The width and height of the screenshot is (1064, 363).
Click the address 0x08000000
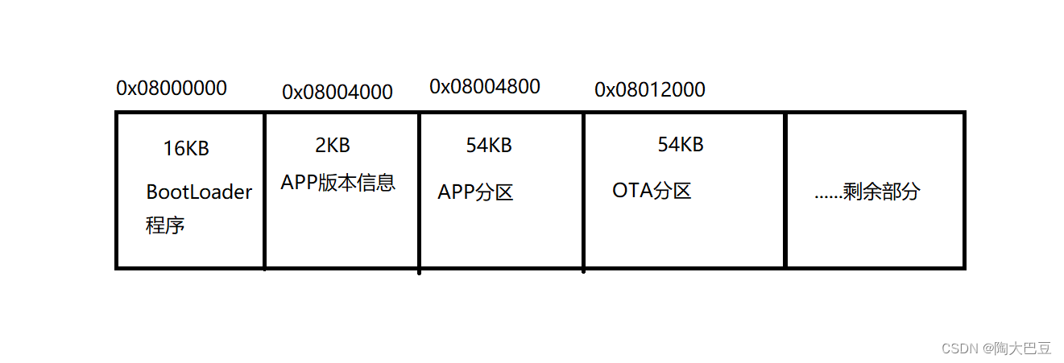tap(172, 89)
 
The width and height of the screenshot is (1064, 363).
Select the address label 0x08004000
tap(337, 93)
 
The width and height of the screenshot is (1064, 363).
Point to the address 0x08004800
tap(485, 86)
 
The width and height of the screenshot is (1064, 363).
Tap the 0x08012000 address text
tap(650, 90)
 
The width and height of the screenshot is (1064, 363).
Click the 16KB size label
tap(186, 149)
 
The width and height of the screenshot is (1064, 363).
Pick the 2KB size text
tap(333, 146)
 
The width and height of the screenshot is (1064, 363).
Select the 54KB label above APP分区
tap(489, 146)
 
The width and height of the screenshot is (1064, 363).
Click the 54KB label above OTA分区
tap(681, 144)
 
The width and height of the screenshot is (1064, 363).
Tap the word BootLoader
tap(199, 192)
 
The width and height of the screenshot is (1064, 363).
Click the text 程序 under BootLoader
tap(165, 225)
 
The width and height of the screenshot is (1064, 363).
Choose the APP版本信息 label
tap(338, 183)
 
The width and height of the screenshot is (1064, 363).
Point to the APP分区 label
tap(475, 193)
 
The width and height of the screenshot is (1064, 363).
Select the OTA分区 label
tap(652, 192)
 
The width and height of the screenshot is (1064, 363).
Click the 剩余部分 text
tap(881, 192)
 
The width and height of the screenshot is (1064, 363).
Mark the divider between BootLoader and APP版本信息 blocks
tap(264, 190)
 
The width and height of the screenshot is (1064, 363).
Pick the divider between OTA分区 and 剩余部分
tap(785, 190)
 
